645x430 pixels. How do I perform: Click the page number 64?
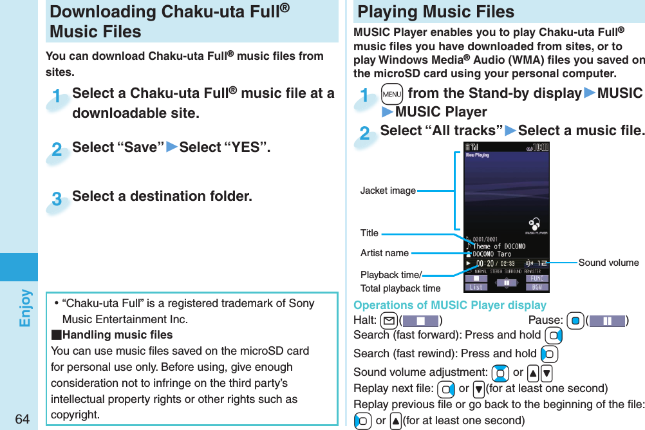[21, 419]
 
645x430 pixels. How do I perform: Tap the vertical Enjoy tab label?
[25, 308]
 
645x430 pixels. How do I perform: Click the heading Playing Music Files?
[436, 12]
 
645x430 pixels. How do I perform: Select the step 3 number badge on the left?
[57, 200]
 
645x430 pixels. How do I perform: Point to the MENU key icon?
[390, 94]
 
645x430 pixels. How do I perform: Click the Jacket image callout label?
[388, 191]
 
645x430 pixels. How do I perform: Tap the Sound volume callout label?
[608, 262]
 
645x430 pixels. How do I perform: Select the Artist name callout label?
[384, 253]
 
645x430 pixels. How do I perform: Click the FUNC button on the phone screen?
[537, 279]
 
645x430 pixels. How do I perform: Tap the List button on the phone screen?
[476, 286]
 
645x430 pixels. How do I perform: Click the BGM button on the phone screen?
[537, 286]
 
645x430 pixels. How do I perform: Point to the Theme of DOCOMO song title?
[498, 246]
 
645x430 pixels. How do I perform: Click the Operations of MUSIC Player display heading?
[449, 305]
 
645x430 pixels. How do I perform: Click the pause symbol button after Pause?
[606, 321]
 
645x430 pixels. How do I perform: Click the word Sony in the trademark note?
[301, 303]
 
